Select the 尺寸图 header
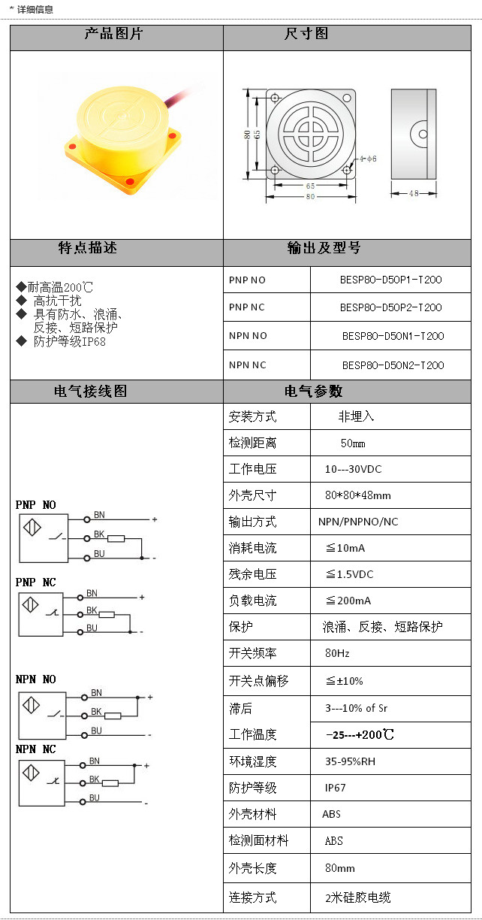(x=306, y=35)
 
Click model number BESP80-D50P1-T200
(x=390, y=280)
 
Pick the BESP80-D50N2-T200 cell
(x=393, y=365)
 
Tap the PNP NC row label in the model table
(x=247, y=307)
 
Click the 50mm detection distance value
(x=353, y=443)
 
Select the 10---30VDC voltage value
(x=353, y=469)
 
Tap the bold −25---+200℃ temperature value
(x=360, y=734)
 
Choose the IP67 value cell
(x=336, y=788)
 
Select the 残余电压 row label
(x=253, y=574)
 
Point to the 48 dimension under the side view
(x=413, y=193)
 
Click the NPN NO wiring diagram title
(x=36, y=679)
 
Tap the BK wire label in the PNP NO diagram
(x=98, y=534)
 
